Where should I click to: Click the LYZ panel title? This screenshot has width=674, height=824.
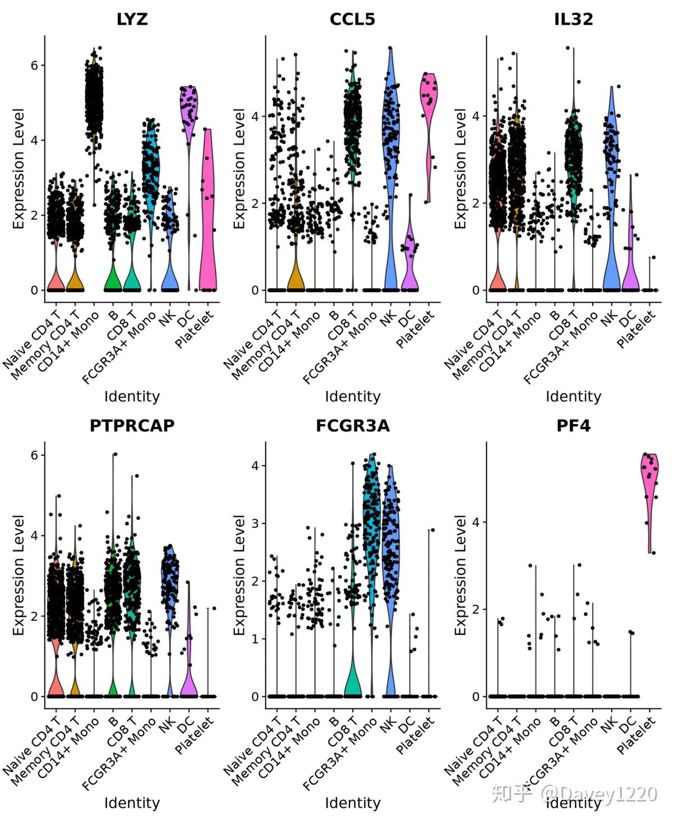click(x=132, y=20)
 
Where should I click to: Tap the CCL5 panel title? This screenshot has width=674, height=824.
click(x=352, y=20)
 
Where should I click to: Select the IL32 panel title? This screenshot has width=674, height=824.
click(x=573, y=20)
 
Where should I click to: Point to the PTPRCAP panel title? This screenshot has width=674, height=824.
click(x=132, y=426)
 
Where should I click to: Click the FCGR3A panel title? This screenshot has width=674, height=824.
click(x=352, y=426)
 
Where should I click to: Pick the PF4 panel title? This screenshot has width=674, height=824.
click(x=573, y=426)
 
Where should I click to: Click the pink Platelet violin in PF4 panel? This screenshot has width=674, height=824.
click(x=650, y=483)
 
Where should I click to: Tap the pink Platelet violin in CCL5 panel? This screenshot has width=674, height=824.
click(x=429, y=101)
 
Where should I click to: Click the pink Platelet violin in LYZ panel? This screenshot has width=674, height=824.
click(x=208, y=225)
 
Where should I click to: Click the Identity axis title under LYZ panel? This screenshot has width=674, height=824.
click(x=132, y=397)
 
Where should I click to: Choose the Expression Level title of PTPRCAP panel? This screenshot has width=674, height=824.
click(x=19, y=575)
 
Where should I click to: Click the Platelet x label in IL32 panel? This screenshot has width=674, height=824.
click(x=637, y=330)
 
